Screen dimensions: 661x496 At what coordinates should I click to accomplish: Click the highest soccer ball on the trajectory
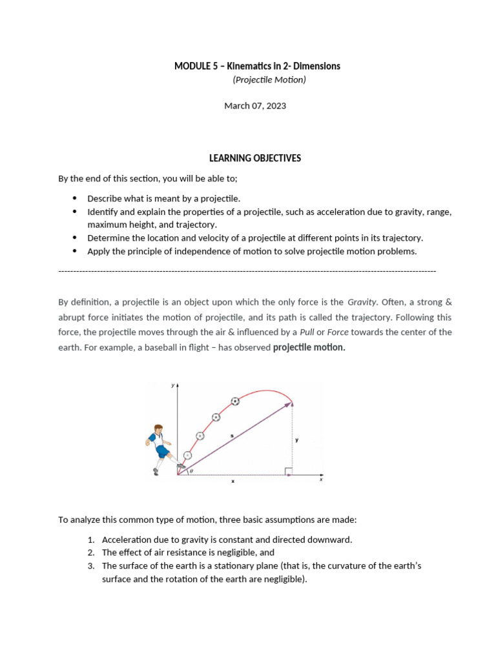click(x=235, y=401)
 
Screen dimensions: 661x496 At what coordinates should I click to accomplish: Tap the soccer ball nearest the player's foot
click(x=188, y=455)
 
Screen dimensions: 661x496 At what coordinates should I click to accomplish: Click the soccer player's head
click(x=158, y=430)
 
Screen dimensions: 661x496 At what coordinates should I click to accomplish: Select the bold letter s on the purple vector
click(x=231, y=437)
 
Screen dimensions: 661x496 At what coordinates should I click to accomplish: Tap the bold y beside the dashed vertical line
click(x=296, y=440)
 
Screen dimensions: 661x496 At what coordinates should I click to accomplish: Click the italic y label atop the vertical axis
click(x=172, y=385)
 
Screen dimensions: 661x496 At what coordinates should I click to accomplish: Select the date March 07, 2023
click(x=254, y=106)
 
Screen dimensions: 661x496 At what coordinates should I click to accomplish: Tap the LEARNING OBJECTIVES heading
click(x=254, y=158)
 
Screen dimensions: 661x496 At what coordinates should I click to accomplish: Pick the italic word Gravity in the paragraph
click(x=362, y=301)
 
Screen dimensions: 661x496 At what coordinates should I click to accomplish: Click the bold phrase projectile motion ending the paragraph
click(x=309, y=347)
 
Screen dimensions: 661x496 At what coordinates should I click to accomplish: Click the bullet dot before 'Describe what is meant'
click(x=74, y=199)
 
